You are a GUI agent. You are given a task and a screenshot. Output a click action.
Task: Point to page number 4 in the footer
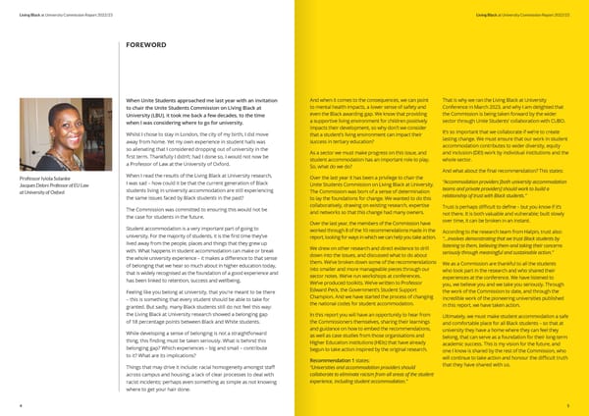pyautogui.click(x=6, y=402)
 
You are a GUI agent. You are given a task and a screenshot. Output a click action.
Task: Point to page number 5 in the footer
pyautogui.click(x=582, y=402)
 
